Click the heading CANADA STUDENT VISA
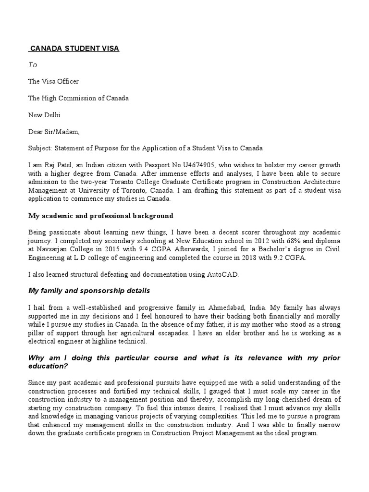pos(74,49)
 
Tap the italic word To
pos(33,65)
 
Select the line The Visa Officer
pos(53,82)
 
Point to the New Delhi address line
pos(44,115)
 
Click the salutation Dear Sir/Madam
pos(54,132)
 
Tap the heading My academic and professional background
pos(100,216)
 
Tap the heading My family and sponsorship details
pos(89,291)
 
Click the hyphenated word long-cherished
pos(287,400)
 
